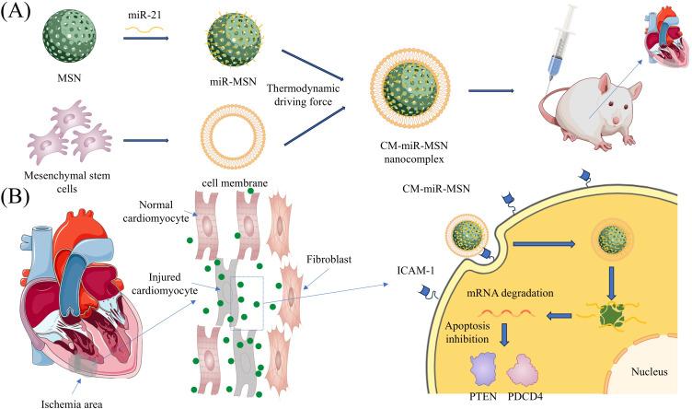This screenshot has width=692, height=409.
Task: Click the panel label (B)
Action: [x=20, y=196]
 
